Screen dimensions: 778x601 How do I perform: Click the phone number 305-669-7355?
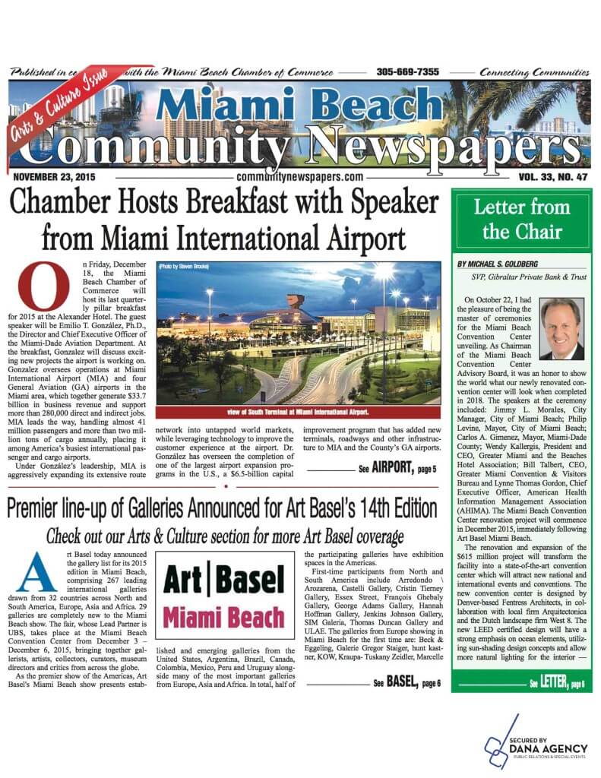407,72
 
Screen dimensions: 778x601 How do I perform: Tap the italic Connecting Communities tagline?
542,72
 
